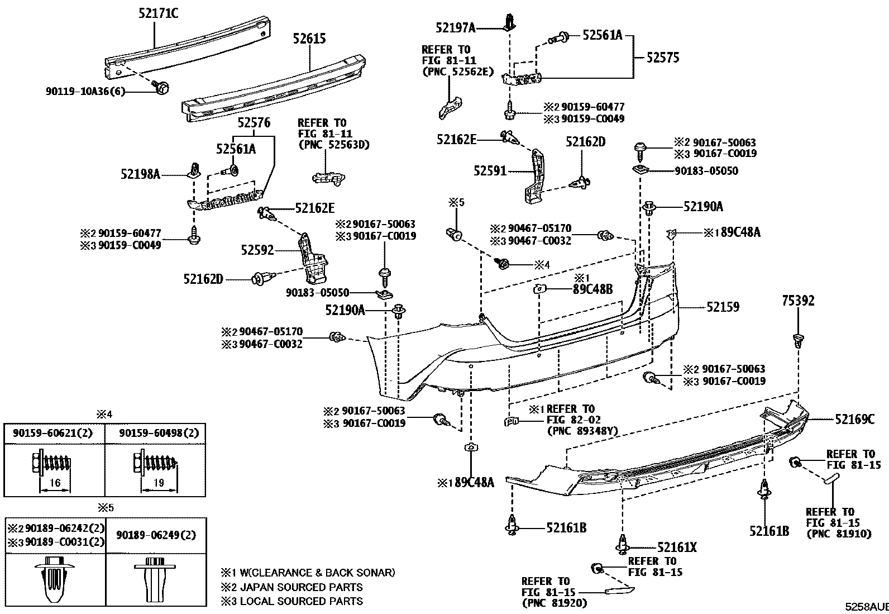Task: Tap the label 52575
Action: [x=663, y=58]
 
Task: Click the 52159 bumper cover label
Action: [x=723, y=307]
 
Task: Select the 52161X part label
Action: [x=677, y=548]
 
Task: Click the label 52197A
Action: [x=456, y=27]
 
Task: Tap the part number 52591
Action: [x=490, y=170]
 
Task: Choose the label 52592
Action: [x=257, y=250]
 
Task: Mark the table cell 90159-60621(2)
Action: [x=54, y=433]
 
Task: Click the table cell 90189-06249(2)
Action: [x=156, y=535]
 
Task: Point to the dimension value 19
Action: [x=159, y=482]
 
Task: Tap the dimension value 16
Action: [x=55, y=482]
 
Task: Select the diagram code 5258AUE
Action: [x=866, y=607]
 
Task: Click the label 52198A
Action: [x=141, y=175]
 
